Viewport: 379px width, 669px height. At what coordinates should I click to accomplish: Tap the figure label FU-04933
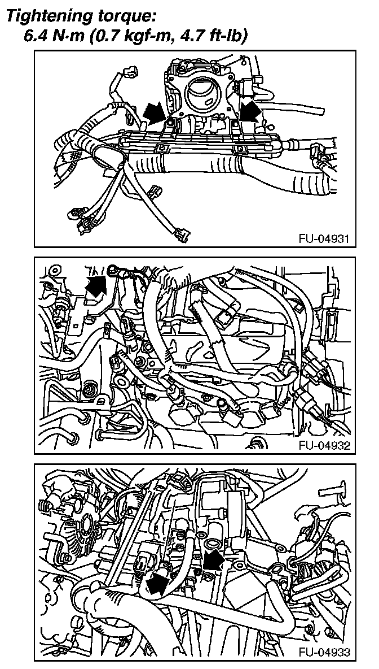[324, 652]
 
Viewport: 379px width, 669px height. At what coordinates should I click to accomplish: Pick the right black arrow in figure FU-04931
[249, 110]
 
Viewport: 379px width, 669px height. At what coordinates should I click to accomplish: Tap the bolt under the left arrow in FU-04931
[171, 122]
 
